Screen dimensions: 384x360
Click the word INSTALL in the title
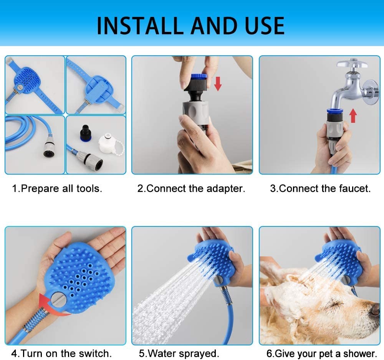point(140,26)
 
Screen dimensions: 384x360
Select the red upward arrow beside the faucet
point(353,116)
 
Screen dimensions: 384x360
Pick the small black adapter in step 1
point(86,133)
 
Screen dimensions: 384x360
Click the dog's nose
point(376,310)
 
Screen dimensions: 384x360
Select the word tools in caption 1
point(89,188)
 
